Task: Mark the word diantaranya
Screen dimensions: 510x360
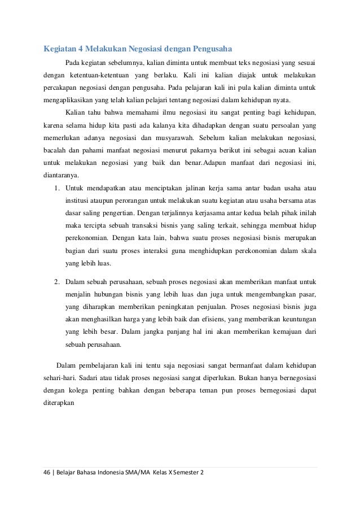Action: (62, 175)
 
